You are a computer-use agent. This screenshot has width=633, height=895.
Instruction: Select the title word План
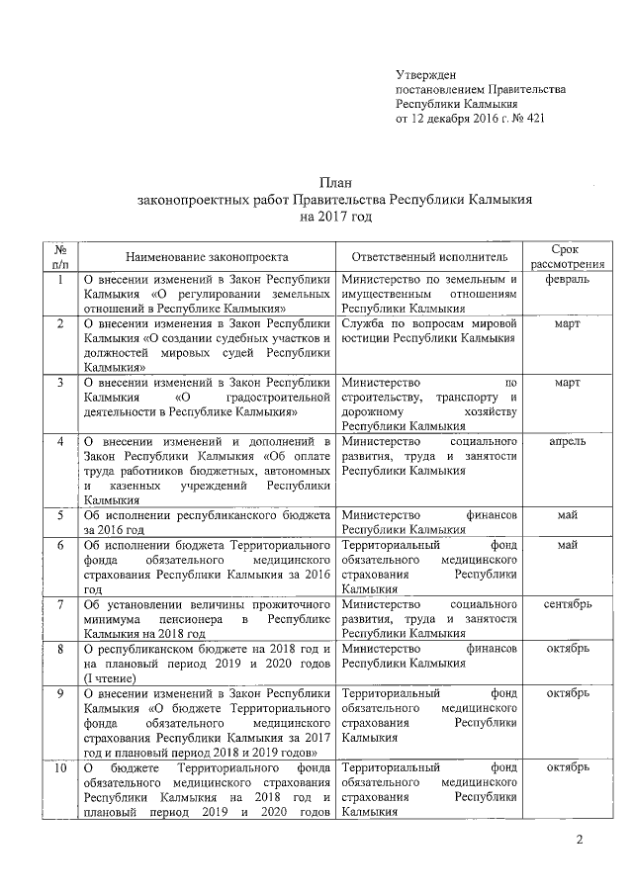click(333, 183)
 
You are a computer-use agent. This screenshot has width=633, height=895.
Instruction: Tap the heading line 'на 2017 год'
click(333, 215)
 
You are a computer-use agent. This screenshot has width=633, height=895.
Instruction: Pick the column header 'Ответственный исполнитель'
click(430, 255)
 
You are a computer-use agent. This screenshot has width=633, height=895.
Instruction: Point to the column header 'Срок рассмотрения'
click(567, 255)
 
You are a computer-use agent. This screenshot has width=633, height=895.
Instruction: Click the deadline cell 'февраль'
click(567, 280)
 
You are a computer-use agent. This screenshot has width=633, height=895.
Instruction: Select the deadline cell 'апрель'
click(567, 440)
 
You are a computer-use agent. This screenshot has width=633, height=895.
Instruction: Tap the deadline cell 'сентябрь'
click(567, 603)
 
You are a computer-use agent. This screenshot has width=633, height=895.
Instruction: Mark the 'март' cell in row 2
click(567, 323)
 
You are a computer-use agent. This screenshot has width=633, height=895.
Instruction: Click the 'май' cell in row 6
click(567, 545)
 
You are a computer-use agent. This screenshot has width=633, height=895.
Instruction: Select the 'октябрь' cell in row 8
click(567, 648)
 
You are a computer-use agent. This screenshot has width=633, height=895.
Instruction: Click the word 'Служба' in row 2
click(363, 323)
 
